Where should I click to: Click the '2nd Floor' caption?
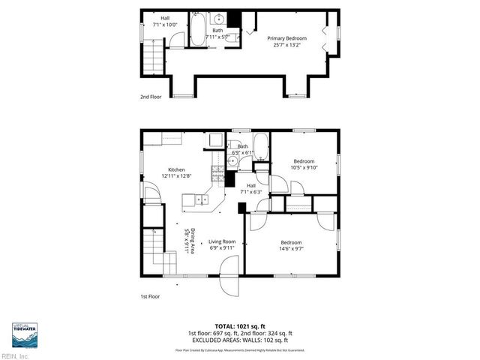click(151, 97)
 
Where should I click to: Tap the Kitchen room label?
click(176, 169)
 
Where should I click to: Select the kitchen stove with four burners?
click(218, 174)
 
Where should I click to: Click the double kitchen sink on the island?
click(202, 199)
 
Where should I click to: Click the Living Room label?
click(222, 241)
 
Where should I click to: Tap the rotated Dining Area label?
click(191, 241)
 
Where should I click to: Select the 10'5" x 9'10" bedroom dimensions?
click(304, 167)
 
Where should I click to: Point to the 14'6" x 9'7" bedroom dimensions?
click(292, 248)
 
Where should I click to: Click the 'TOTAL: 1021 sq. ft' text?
click(239, 326)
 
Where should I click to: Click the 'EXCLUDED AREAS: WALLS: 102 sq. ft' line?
click(239, 340)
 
